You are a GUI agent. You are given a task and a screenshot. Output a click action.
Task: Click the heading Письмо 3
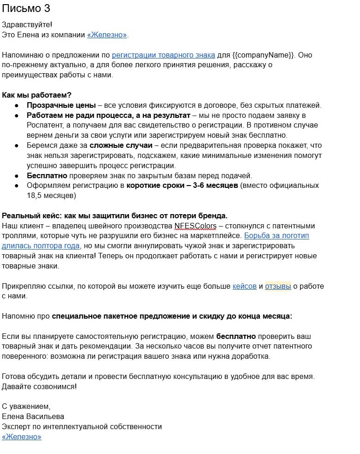26,9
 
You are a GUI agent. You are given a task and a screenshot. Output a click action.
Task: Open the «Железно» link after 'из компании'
107,35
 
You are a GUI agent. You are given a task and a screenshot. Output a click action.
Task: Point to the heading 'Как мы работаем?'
37,95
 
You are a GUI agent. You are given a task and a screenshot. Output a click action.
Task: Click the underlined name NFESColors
195,226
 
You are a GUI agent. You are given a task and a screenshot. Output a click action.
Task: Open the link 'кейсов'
244,286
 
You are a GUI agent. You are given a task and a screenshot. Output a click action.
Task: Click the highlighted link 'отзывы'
278,286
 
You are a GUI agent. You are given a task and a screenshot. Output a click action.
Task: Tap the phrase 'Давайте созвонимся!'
40,386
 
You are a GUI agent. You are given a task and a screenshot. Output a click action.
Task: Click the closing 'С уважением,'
26,407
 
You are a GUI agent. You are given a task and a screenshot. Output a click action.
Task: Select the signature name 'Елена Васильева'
33,417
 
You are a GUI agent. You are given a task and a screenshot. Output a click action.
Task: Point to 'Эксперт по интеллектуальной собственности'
82,426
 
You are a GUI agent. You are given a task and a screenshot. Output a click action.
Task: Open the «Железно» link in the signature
22,437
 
